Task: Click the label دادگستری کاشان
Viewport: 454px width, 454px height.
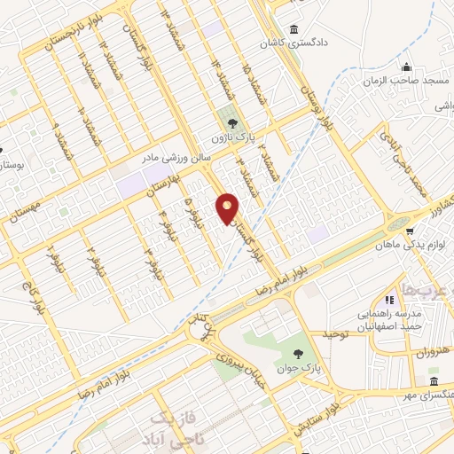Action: click(x=293, y=43)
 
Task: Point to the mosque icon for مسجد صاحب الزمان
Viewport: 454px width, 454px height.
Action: click(x=406, y=67)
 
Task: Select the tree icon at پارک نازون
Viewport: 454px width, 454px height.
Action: click(x=231, y=124)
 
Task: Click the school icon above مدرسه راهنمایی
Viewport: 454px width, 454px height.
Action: click(x=387, y=301)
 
